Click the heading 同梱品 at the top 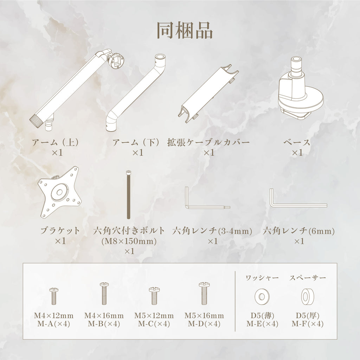coord(185,30)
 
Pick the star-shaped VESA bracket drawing coord(60,192)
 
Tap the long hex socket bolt coord(129,195)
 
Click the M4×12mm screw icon coord(54,296)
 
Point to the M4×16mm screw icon coord(104,294)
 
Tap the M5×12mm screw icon coord(154,296)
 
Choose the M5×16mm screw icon coord(204,294)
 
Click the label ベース coord(297,142)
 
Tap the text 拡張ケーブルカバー coord(208,142)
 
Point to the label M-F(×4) coord(308,324)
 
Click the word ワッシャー coord(262,278)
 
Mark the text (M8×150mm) coord(129,241)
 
